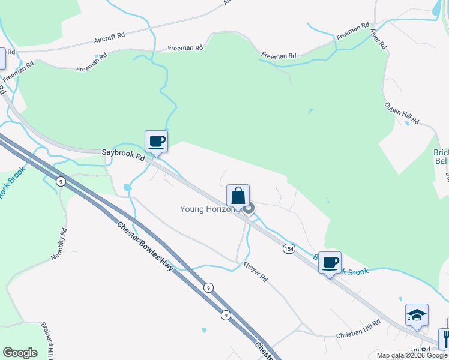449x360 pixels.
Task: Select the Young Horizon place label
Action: point(208,209)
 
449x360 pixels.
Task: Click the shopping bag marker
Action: point(238,196)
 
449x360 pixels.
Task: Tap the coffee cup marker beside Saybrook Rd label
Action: point(157,142)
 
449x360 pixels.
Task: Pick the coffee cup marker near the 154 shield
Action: point(330,263)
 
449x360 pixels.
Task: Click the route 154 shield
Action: point(289,248)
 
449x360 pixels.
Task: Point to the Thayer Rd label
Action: point(255,272)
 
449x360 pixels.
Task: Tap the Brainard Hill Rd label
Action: point(49,340)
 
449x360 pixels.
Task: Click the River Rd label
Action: point(378,38)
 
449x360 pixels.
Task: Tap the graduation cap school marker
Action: point(417,315)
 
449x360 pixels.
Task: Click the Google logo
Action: point(20,352)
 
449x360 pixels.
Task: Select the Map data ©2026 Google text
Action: point(412,355)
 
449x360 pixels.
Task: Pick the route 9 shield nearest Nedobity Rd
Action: point(61,181)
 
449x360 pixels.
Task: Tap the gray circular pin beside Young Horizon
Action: point(249,208)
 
